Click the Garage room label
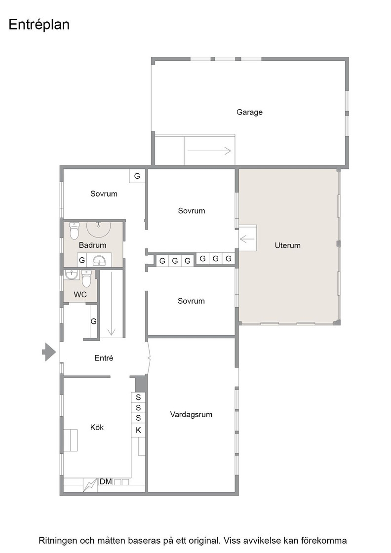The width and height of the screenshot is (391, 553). (x=249, y=112)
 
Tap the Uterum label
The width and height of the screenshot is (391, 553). (x=288, y=245)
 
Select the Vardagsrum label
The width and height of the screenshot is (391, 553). (x=191, y=414)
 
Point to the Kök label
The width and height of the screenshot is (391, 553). (x=97, y=427)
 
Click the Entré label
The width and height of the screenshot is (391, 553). (x=104, y=358)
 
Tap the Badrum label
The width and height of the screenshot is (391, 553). (x=92, y=245)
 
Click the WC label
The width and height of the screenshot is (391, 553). (x=80, y=294)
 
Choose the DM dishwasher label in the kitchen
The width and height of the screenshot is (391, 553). (x=106, y=481)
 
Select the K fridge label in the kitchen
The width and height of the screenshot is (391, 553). (x=138, y=430)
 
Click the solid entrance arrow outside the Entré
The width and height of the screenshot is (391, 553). (x=49, y=352)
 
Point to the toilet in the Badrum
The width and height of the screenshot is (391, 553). (x=74, y=231)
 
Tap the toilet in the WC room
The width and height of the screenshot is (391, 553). (x=86, y=278)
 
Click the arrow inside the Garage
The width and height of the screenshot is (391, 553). (x=209, y=151)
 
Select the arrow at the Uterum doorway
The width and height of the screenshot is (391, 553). (x=247, y=239)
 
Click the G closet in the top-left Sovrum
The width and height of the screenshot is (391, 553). (x=137, y=176)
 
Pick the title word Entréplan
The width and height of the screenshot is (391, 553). (x=39, y=25)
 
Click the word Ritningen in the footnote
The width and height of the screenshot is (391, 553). (x=58, y=540)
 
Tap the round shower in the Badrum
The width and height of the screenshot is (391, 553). (x=99, y=229)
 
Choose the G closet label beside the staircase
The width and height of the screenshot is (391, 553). (x=93, y=321)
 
